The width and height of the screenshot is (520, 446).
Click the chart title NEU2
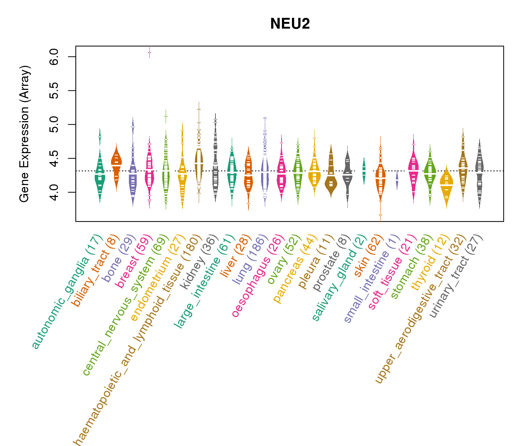pyautogui.click(x=290, y=24)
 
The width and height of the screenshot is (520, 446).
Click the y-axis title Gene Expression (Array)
pyautogui.click(x=25, y=134)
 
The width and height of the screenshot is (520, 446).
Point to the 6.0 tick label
pyautogui.click(x=54, y=57)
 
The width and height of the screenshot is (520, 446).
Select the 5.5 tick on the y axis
pyautogui.click(x=54, y=91)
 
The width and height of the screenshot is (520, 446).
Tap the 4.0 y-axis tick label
pyautogui.click(x=54, y=192)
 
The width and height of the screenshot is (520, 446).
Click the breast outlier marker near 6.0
pyautogui.click(x=149, y=53)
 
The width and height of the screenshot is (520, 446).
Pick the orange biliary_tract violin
pyautogui.click(x=116, y=164)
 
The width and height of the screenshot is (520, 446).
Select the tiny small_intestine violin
pyautogui.click(x=397, y=180)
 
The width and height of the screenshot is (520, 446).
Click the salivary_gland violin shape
pyautogui.click(x=364, y=171)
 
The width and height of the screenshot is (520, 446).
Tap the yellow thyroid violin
pyautogui.click(x=446, y=184)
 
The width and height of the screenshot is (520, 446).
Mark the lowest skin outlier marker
pyautogui.click(x=380, y=215)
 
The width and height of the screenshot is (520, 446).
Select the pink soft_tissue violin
pyautogui.click(x=413, y=167)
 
